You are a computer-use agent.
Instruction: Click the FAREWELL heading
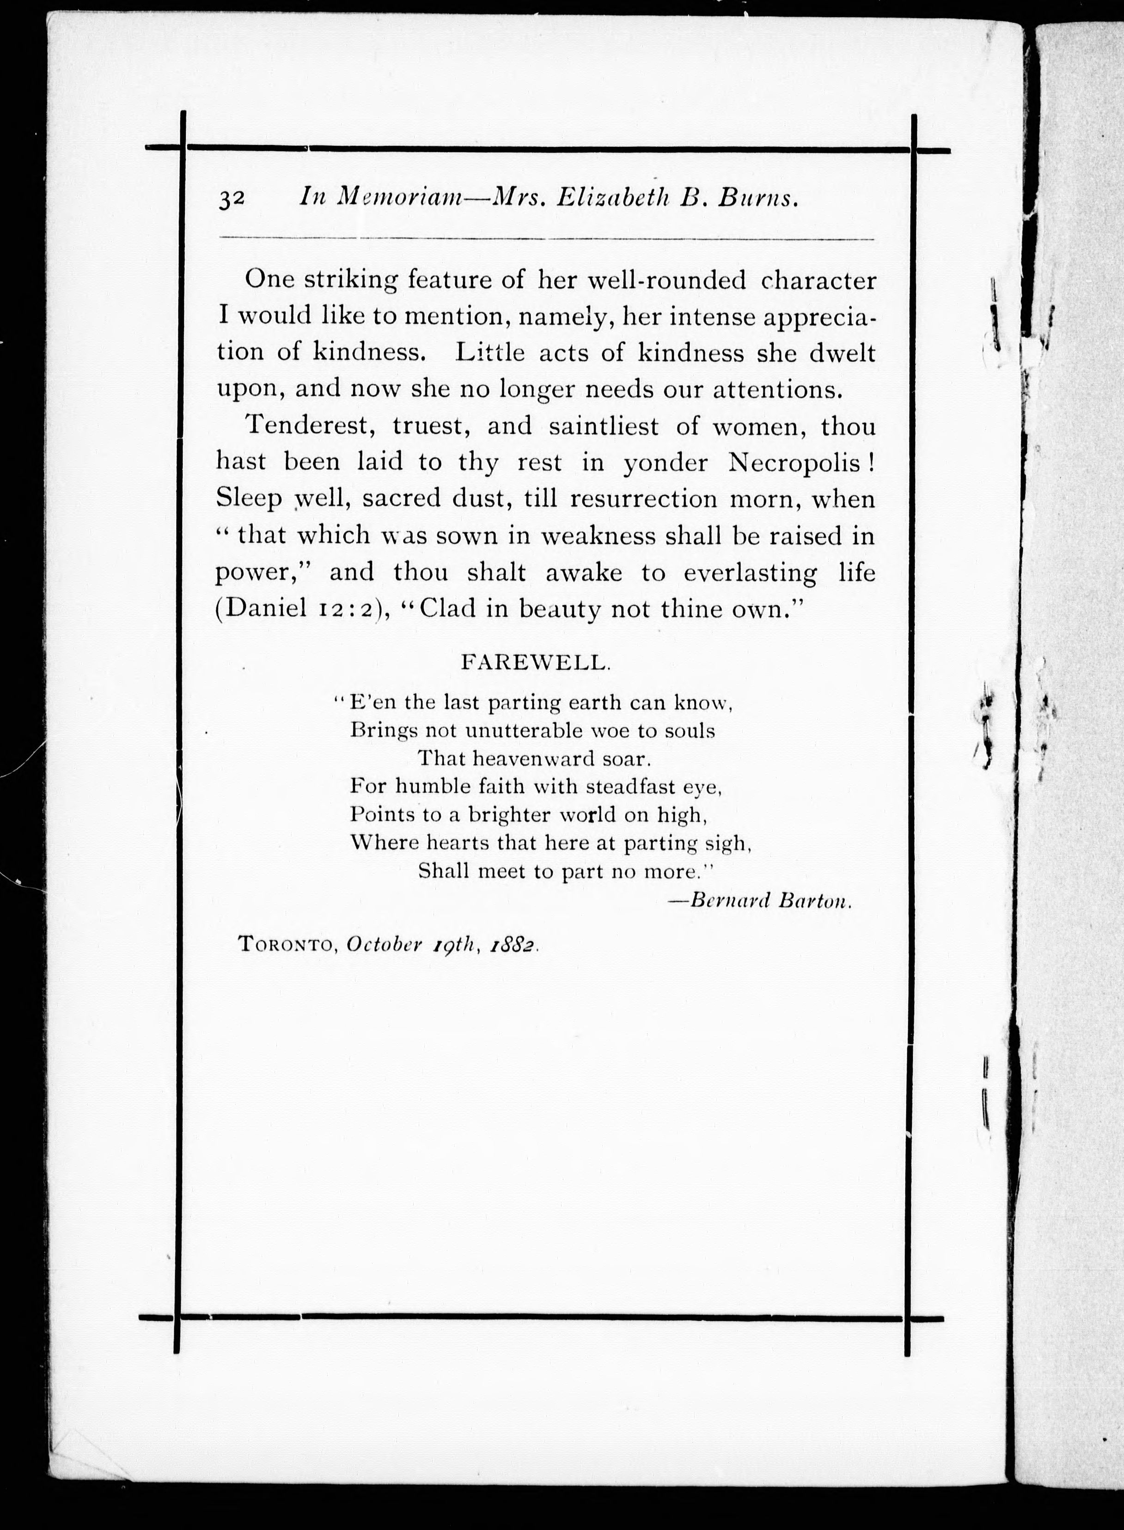click(536, 662)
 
